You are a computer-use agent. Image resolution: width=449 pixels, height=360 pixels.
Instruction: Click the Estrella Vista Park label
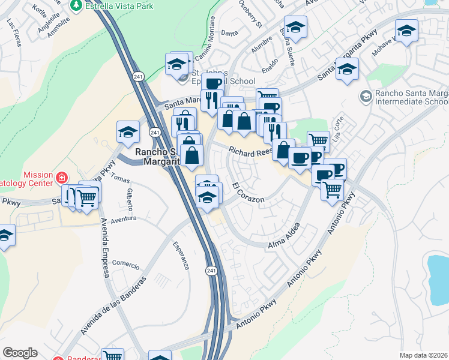(119, 6)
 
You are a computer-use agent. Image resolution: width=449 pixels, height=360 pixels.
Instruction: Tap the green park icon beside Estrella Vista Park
(76, 5)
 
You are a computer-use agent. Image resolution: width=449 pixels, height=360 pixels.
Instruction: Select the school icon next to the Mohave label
(406, 31)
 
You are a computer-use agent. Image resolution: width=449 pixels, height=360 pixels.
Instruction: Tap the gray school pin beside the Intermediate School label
(366, 96)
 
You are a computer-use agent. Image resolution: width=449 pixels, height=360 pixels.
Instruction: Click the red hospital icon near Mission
(62, 178)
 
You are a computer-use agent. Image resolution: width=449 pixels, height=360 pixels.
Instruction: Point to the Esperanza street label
(181, 254)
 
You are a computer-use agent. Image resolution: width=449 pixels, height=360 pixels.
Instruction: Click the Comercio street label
(125, 263)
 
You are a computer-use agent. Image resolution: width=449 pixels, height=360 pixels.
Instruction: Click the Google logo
(20, 353)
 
